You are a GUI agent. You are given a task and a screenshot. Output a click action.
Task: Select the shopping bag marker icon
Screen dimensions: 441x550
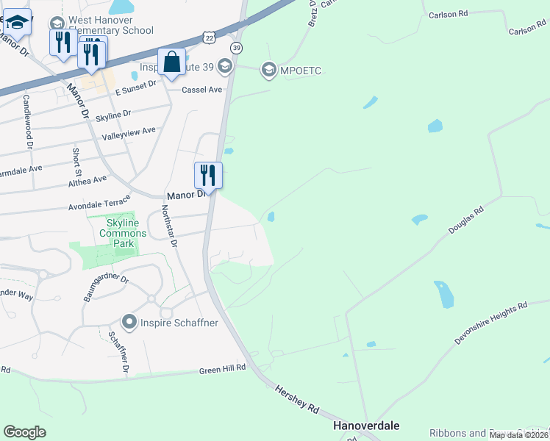171,64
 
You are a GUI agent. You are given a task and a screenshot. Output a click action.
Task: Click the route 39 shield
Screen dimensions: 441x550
236,48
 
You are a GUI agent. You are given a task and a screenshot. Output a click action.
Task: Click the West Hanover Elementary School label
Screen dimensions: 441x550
110,25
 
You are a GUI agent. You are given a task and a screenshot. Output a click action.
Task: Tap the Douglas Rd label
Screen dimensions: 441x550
465,220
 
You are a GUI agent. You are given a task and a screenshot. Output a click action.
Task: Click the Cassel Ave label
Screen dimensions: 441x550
202,90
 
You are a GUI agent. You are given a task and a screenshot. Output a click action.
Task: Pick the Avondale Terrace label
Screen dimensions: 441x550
99,204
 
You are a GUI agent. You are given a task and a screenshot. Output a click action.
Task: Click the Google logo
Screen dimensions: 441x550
24,432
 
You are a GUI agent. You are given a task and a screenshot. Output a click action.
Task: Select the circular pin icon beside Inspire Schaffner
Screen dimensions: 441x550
129,321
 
